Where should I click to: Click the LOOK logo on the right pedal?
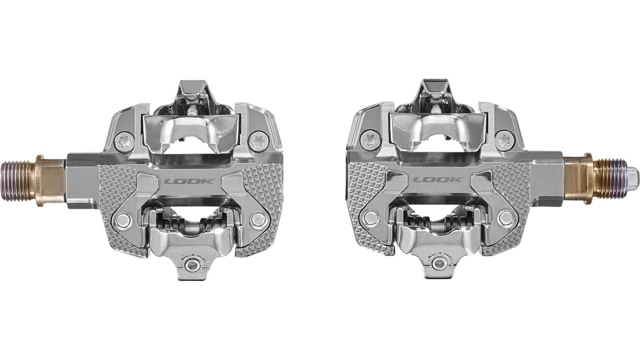pos(438,179)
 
